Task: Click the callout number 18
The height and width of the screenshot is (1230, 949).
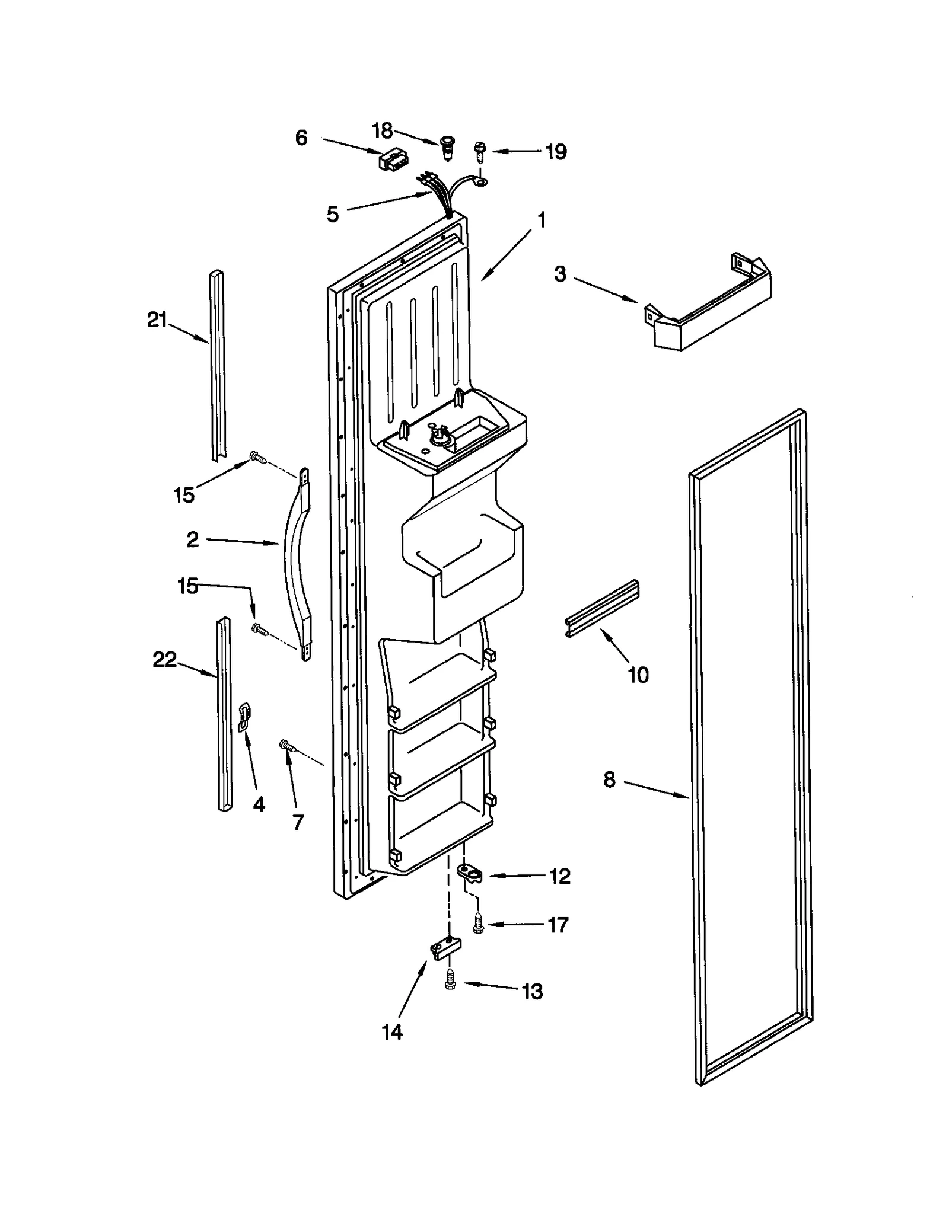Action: tap(382, 129)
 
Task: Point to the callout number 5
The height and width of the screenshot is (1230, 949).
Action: tap(333, 215)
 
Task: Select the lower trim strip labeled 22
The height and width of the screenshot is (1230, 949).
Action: tap(224, 714)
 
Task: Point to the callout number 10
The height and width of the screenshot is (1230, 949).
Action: tap(638, 675)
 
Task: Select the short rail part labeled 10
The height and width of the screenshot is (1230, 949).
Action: tap(601, 608)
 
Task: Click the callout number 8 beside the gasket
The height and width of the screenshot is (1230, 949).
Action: tap(610, 780)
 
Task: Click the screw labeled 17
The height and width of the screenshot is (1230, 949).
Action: tap(478, 924)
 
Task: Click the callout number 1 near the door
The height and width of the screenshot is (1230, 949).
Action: tap(541, 221)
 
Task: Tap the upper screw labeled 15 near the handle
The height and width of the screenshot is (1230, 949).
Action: tap(257, 457)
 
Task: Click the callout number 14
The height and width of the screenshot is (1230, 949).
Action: tap(392, 1032)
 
